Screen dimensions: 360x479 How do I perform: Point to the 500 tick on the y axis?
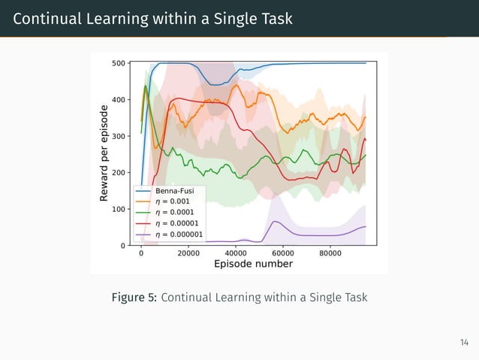click(x=118, y=63)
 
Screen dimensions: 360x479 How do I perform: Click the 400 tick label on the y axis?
click(x=118, y=100)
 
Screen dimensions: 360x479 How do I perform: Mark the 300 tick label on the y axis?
click(x=118, y=136)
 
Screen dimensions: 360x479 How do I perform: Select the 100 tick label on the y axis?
click(x=118, y=209)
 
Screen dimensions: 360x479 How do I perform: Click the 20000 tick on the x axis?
click(x=188, y=253)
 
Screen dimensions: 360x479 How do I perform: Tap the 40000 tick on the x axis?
click(x=236, y=253)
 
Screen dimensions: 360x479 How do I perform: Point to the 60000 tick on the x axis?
click(x=283, y=253)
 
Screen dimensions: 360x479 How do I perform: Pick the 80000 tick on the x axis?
click(x=330, y=253)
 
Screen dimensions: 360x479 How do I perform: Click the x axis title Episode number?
click(x=253, y=264)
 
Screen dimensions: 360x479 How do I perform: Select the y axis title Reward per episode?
click(x=105, y=153)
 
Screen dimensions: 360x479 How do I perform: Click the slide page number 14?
click(x=464, y=343)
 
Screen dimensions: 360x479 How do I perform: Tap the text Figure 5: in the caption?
click(x=134, y=298)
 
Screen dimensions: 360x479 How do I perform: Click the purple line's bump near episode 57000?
click(x=276, y=222)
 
